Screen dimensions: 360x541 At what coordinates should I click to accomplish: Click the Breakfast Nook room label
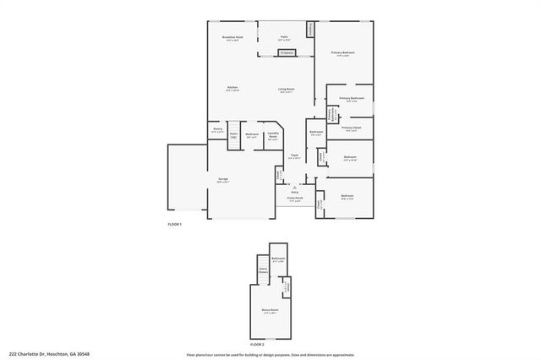(232, 38)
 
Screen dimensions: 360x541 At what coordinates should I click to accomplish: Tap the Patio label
(285, 38)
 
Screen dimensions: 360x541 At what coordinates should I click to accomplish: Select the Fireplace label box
(287, 52)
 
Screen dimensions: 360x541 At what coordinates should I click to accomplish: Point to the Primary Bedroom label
(342, 53)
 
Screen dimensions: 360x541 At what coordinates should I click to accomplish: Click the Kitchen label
(232, 89)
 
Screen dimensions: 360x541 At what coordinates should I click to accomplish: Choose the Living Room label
(286, 89)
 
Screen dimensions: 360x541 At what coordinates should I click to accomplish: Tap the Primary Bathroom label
(352, 100)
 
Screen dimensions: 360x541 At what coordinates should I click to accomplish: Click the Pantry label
(217, 129)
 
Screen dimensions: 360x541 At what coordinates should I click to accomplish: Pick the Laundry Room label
(273, 134)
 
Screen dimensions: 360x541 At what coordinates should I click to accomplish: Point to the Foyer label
(295, 156)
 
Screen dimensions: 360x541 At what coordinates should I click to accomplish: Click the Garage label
(223, 180)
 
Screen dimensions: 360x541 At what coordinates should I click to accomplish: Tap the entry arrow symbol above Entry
(295, 187)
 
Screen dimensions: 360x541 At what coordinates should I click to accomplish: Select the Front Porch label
(294, 199)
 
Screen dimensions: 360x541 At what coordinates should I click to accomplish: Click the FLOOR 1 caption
(174, 224)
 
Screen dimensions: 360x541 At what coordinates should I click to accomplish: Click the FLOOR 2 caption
(257, 345)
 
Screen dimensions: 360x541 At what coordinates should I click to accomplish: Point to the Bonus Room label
(270, 312)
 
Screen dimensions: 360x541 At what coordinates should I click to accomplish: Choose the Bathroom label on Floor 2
(278, 259)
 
